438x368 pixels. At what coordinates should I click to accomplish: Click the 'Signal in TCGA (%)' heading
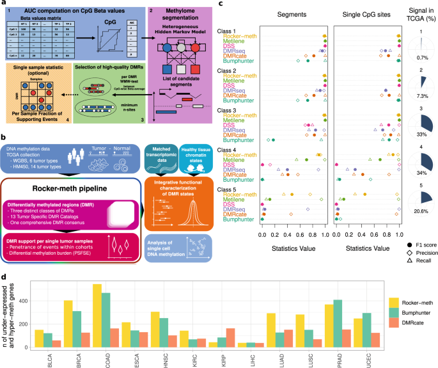[420, 17]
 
